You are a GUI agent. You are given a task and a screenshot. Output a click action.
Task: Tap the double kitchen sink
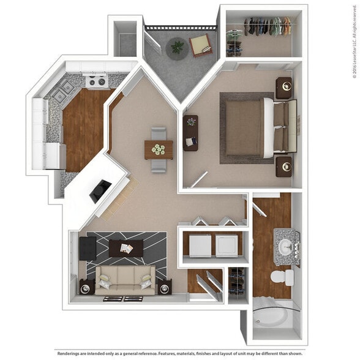(x=63, y=94)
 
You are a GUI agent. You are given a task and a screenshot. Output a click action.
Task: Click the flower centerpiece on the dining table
(x=159, y=149)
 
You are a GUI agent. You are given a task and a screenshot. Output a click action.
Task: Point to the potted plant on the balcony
(x=178, y=47)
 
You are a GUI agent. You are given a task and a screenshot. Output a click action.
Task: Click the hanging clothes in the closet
(x=266, y=26)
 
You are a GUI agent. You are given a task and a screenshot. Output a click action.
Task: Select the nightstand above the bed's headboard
(x=283, y=88)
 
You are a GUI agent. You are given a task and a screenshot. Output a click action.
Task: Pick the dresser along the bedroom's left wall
(x=190, y=133)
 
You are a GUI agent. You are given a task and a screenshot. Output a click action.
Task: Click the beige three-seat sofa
(x=125, y=280)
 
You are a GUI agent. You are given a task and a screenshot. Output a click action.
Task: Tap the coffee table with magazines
(x=126, y=248)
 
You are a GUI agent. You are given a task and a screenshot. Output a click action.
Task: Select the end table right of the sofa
(x=163, y=287)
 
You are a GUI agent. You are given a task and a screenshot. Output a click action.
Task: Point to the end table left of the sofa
(x=86, y=286)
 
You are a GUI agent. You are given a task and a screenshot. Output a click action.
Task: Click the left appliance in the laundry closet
(x=200, y=246)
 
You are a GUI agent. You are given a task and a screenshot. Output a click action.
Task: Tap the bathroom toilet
(x=282, y=277)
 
